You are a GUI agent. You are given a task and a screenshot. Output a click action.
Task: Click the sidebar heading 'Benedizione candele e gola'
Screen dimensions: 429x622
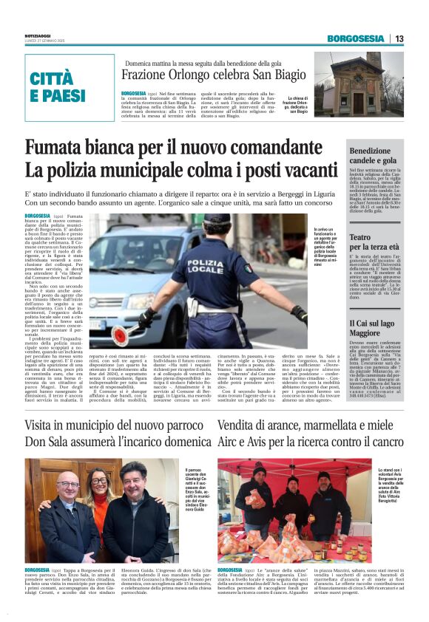[x=376, y=155]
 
